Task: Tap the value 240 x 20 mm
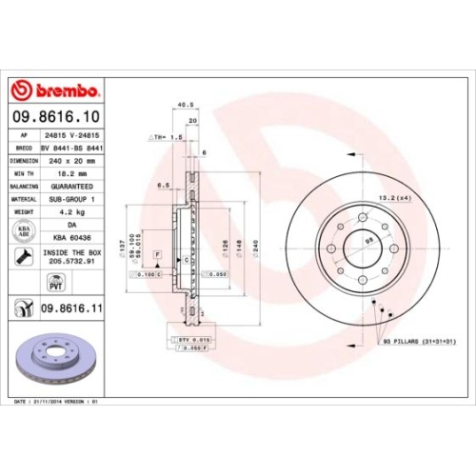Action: click(x=72, y=162)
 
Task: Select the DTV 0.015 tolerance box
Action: click(x=194, y=339)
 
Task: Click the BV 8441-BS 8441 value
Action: click(x=72, y=149)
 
